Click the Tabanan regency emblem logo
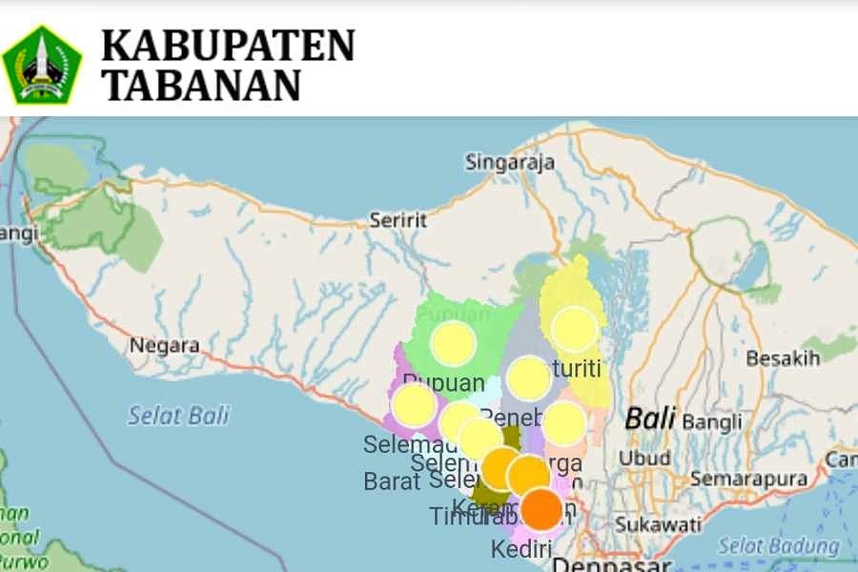(42, 64)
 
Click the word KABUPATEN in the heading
(228, 45)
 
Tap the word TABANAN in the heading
(201, 85)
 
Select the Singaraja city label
(509, 162)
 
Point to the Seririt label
(398, 220)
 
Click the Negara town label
(164, 345)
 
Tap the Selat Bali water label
(178, 416)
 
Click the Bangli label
(711, 420)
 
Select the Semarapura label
(748, 478)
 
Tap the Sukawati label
(658, 524)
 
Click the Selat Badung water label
(778, 546)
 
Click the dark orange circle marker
(541, 508)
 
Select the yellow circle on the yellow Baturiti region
(575, 328)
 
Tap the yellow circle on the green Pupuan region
(453, 343)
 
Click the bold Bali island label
(650, 418)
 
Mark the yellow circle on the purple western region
(414, 405)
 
